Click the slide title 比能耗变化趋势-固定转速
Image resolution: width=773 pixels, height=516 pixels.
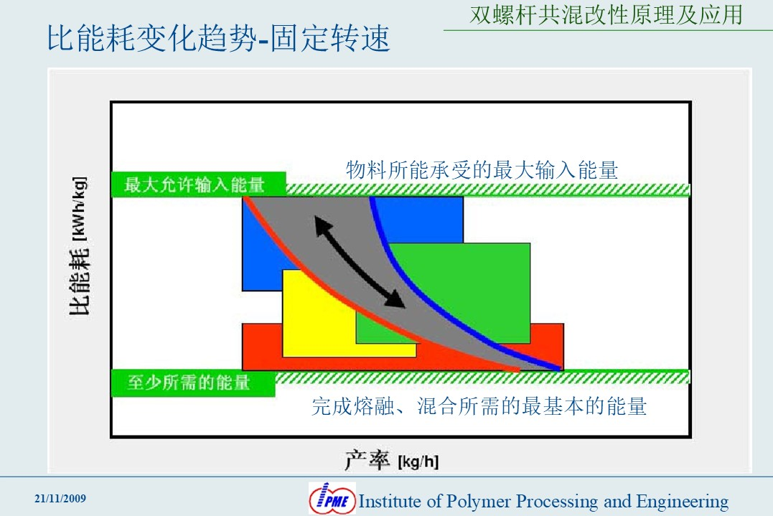[x=218, y=38]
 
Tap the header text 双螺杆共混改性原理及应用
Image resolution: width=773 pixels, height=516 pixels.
[x=606, y=14]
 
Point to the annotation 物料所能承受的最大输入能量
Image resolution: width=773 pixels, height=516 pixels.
[x=482, y=170]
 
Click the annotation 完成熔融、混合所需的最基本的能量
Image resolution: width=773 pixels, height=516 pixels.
[x=479, y=407]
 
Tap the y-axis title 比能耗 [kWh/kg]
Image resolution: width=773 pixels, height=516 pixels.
[x=79, y=245]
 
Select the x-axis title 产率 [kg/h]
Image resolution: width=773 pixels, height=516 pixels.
[x=391, y=461]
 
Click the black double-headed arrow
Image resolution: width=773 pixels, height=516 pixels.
[x=360, y=262]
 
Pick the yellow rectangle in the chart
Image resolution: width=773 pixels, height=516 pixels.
[x=316, y=325]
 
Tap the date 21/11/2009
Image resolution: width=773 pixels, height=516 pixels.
[x=60, y=499]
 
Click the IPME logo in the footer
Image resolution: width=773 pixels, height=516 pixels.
[x=332, y=499]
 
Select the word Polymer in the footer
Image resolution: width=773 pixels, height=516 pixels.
[x=478, y=501]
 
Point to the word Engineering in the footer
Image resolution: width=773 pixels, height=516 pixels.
[x=683, y=501]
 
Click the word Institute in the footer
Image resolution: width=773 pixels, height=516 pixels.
[x=390, y=501]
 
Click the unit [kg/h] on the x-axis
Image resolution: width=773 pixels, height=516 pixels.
[x=418, y=461]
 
